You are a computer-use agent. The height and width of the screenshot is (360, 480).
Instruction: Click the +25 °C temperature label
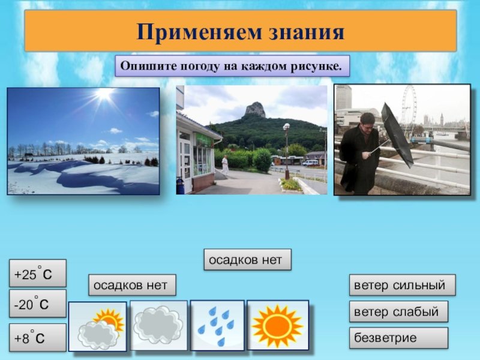click(x=38, y=273)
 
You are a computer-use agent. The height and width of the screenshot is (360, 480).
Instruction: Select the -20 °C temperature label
click(x=38, y=304)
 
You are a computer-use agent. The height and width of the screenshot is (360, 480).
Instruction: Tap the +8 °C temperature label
click(x=38, y=337)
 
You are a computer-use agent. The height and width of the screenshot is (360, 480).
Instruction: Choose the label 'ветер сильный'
click(x=402, y=285)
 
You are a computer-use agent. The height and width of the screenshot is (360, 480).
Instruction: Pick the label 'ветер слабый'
click(x=398, y=311)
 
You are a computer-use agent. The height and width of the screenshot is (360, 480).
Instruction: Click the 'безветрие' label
click(x=398, y=338)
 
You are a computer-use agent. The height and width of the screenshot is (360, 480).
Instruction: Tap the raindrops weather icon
click(x=217, y=325)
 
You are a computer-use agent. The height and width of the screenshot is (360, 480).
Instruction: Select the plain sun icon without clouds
click(x=278, y=325)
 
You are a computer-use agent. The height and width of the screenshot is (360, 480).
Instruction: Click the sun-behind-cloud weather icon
click(x=97, y=326)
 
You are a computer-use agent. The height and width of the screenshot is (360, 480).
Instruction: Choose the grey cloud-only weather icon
click(x=158, y=325)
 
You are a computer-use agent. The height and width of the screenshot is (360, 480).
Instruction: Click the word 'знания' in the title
click(x=307, y=32)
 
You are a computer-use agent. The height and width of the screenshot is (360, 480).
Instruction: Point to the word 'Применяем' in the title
click(x=199, y=32)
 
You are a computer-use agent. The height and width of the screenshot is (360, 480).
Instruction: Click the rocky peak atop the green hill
click(x=254, y=110)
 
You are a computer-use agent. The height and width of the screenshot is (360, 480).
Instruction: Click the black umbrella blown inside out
click(x=397, y=134)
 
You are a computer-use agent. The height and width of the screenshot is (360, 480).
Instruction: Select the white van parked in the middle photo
click(x=310, y=163)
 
